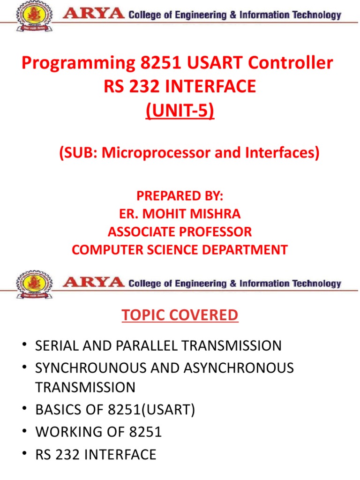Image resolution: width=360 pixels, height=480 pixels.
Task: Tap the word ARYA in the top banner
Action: coord(94,15)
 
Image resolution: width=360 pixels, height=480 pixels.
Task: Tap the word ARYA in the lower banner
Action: coord(94,283)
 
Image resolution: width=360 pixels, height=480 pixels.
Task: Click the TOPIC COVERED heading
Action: coord(180,315)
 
